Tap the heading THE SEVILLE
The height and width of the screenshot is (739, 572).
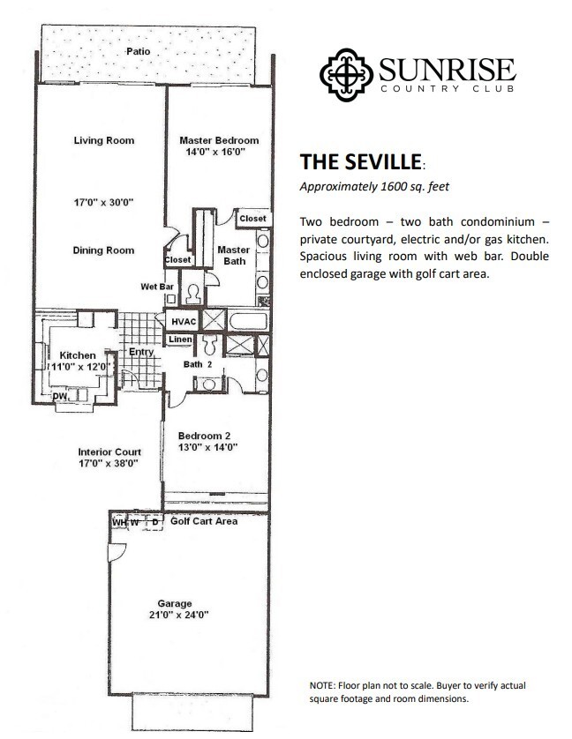360,163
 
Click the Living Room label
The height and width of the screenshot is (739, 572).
103,140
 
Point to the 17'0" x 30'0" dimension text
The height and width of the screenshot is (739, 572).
103,202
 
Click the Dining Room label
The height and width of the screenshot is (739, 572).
103,250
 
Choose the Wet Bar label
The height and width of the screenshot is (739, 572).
155,287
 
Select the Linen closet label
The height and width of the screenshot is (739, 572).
180,340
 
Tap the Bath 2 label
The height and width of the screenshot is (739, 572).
197,363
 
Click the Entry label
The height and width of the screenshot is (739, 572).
141,352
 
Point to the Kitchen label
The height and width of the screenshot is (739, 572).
77,355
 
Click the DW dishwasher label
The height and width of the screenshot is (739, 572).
60,396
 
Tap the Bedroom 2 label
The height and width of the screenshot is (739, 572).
204,436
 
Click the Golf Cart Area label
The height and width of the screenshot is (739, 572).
204,521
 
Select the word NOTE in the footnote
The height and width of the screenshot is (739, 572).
323,685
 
